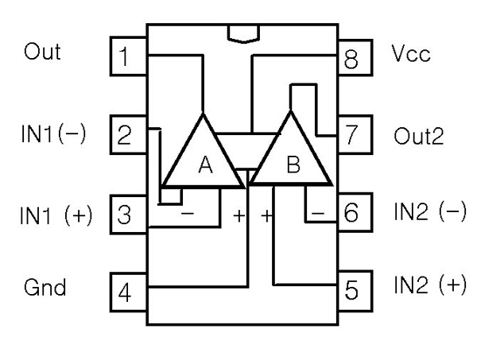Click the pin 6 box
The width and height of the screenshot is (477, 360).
click(351, 213)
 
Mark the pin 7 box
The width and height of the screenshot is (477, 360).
click(351, 134)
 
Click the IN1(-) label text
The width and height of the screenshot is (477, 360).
click(52, 133)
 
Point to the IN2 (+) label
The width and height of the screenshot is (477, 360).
click(429, 285)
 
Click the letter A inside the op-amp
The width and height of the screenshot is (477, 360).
click(205, 165)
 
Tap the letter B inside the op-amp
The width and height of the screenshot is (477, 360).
click(293, 165)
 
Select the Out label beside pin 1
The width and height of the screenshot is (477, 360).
click(41, 52)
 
